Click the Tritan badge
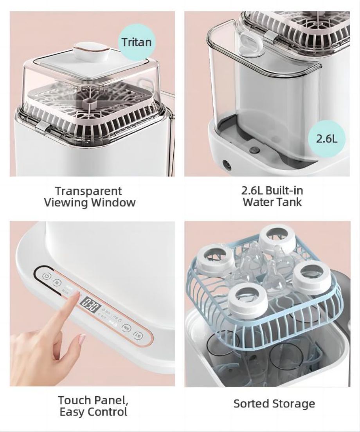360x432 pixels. click(x=137, y=42)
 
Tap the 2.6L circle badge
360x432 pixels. click(x=327, y=139)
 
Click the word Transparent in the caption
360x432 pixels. click(x=88, y=191)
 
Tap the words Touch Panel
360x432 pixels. click(x=93, y=400)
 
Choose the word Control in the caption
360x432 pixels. click(x=108, y=412)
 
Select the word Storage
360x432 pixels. click(x=295, y=403)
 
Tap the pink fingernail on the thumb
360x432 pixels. click(x=81, y=339)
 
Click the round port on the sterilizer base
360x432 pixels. click(x=226, y=164)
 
